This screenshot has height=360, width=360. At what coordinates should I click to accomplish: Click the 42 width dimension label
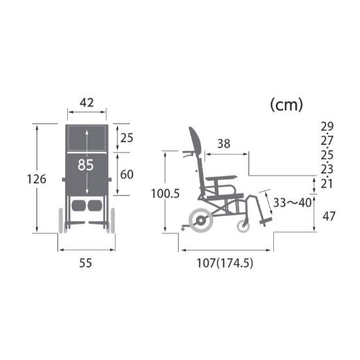pos(87,102)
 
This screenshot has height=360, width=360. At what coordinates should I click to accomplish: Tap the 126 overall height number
pos(37,179)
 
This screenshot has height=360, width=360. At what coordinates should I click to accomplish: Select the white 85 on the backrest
pos(85,165)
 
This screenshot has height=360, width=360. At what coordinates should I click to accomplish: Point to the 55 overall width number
pos(85,263)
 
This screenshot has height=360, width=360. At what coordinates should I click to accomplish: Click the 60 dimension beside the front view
pos(127,175)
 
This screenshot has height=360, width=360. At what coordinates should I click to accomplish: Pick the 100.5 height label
pos(165,194)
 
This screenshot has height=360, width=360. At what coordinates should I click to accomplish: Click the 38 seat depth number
pos(224,143)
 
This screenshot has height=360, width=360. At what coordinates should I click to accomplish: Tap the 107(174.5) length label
pos(225,263)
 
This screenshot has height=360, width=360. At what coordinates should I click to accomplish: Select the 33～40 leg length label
pos(292,203)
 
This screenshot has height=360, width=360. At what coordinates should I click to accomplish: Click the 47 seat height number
pos(329,216)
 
